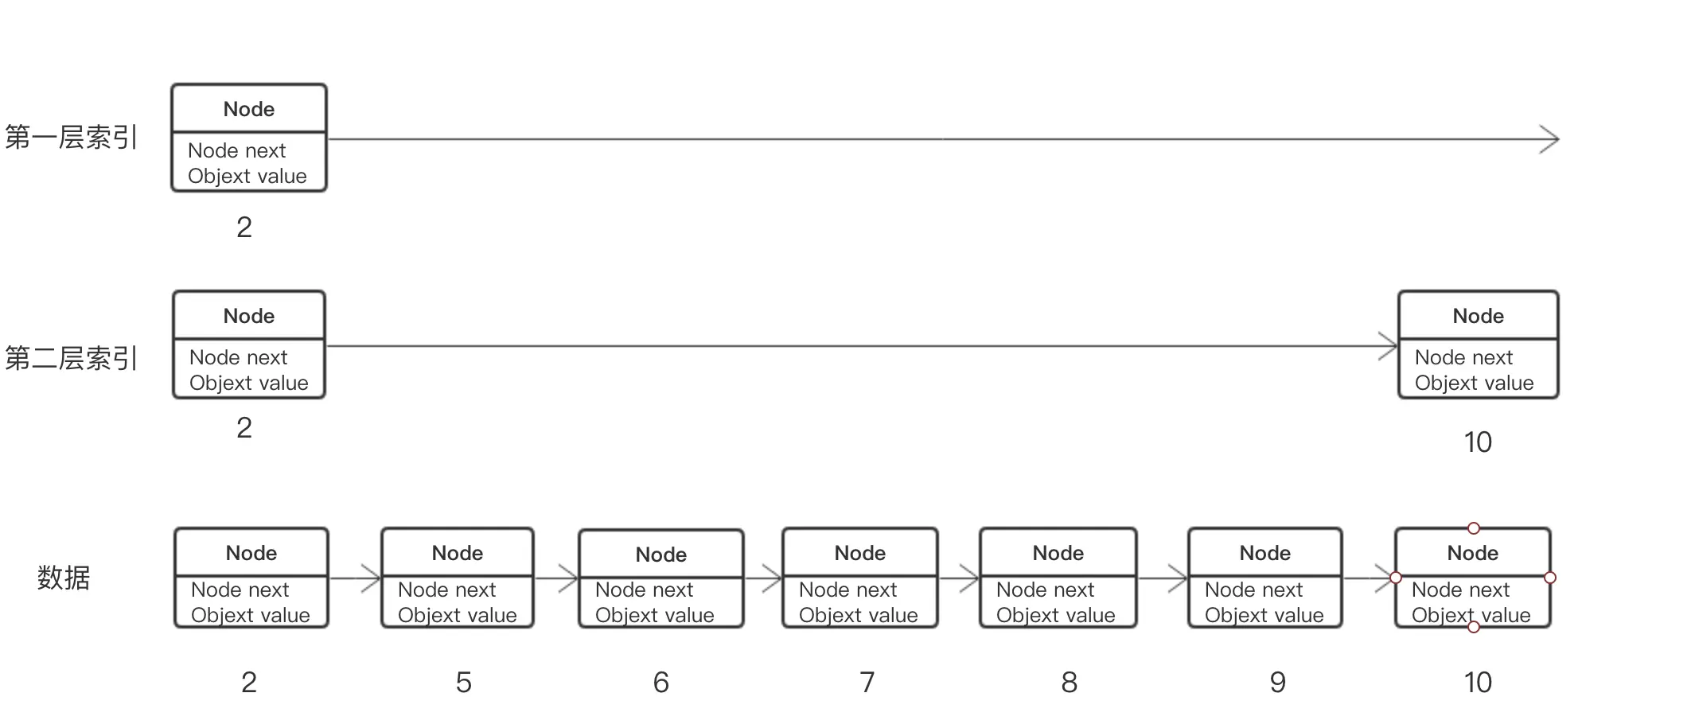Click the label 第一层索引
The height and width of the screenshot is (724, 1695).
click(72, 138)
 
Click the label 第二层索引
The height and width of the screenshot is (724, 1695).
click(72, 358)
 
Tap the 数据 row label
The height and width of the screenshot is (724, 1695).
click(64, 578)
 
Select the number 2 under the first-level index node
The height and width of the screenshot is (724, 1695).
click(244, 228)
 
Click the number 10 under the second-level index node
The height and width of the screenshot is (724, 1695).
click(1478, 442)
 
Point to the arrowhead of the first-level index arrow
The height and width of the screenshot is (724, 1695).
click(1550, 139)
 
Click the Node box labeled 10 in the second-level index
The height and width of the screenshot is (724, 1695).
click(1478, 344)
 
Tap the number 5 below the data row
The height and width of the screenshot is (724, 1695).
click(464, 683)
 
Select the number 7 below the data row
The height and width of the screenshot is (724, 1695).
click(867, 683)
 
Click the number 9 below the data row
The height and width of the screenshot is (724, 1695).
click(1278, 683)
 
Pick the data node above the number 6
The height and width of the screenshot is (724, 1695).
click(661, 578)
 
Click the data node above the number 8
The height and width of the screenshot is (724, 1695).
click(1058, 578)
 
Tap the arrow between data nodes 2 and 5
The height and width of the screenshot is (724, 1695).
click(355, 578)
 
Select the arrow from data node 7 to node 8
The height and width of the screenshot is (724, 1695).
click(959, 578)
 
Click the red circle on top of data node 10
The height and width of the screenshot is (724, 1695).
click(1474, 528)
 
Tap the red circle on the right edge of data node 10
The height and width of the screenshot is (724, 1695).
click(1550, 578)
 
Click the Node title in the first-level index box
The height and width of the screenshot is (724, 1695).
click(249, 109)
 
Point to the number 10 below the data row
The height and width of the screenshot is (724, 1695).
click(1478, 683)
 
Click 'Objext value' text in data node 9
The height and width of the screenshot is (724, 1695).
click(1264, 615)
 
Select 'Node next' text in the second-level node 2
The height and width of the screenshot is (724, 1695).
click(238, 357)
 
